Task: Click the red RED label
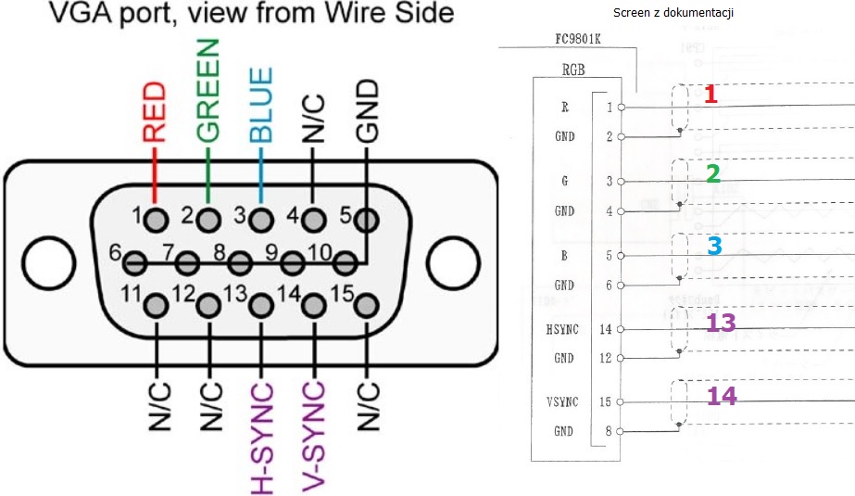pos(155,112)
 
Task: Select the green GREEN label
pos(207,91)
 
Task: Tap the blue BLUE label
pos(260,105)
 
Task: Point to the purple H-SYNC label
pos(261,439)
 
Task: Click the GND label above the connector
pos(367,110)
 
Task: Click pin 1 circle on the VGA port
pos(156,221)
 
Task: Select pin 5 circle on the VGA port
pos(366,221)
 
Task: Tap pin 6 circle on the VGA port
pos(134,263)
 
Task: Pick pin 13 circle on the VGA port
pos(260,305)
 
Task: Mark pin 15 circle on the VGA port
pos(366,305)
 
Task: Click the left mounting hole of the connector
pos(49,262)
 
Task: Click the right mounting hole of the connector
pos(453,262)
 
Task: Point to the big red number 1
pos(710,94)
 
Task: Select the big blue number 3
pos(714,246)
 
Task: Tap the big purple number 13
pos(721,323)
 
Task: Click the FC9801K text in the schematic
pos(578,39)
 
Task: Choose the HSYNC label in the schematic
pos(562,329)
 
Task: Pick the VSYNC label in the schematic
pos(562,402)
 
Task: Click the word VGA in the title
pos(80,13)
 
